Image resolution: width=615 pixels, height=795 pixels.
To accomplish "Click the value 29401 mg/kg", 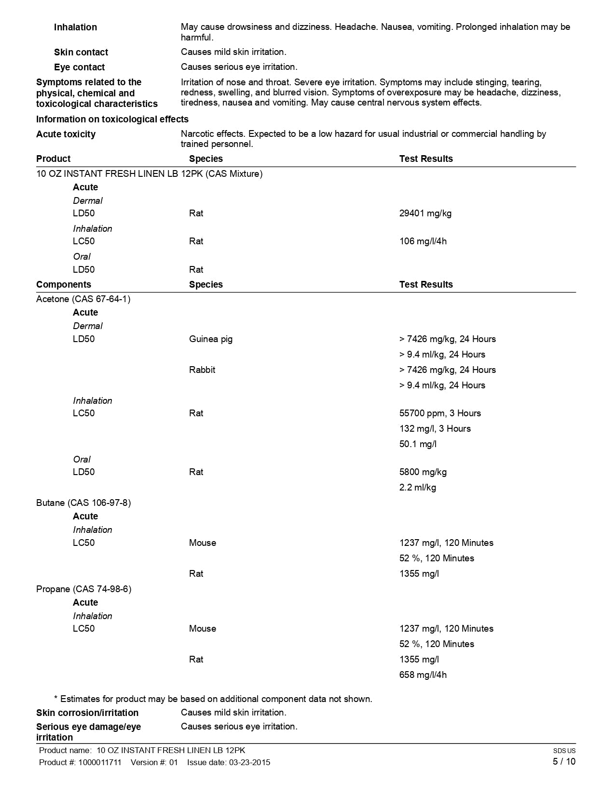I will [x=425, y=213].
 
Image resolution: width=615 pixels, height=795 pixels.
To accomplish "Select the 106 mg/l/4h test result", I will [x=423, y=241].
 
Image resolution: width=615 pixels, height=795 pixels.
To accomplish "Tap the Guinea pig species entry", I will [x=210, y=339].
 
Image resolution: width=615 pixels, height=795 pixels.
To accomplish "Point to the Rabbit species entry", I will [x=202, y=370].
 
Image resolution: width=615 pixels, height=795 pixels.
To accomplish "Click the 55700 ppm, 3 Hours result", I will [x=440, y=413].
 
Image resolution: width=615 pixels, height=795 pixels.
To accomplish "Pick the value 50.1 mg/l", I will [x=418, y=444].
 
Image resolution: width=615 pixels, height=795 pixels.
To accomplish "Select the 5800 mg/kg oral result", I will [x=423, y=472].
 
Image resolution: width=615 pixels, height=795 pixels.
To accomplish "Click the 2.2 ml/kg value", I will [x=417, y=488].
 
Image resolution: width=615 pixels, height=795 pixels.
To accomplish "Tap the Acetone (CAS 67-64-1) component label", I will [x=83, y=299].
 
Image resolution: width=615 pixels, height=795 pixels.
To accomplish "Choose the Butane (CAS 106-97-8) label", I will [x=83, y=503].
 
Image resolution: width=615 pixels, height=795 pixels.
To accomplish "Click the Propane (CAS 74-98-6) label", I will [x=83, y=589].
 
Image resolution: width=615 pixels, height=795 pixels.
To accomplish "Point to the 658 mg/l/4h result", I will [x=423, y=675].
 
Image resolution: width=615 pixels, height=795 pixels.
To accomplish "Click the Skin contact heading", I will [x=81, y=53].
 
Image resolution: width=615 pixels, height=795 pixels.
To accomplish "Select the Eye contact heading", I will [x=79, y=67].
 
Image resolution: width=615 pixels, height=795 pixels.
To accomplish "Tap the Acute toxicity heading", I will [x=66, y=134].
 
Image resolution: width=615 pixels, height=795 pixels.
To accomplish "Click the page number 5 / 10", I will [x=564, y=762].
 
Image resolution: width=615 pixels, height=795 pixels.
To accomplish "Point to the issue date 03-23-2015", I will [x=249, y=763].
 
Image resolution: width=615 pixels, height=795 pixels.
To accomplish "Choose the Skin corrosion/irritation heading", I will [x=87, y=713].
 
